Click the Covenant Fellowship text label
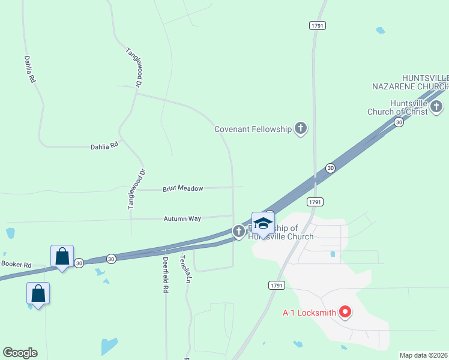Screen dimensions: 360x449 pos(253,129)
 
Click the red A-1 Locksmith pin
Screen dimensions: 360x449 pos(345,311)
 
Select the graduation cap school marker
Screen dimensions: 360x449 pos(263,223)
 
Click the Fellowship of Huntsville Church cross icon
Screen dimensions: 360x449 pos(238,230)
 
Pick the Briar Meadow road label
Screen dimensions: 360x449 pos(183,188)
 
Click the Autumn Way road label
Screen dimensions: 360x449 pos(182,219)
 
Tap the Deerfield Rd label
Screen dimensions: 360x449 pos(165,275)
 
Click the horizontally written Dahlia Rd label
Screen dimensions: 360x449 pos(104,146)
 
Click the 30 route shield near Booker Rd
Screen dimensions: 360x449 pos(79,263)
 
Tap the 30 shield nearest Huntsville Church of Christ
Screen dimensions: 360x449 pos(399,122)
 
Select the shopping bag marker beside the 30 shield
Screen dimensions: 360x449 pos(62,256)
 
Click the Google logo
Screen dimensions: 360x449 pos(20,353)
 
